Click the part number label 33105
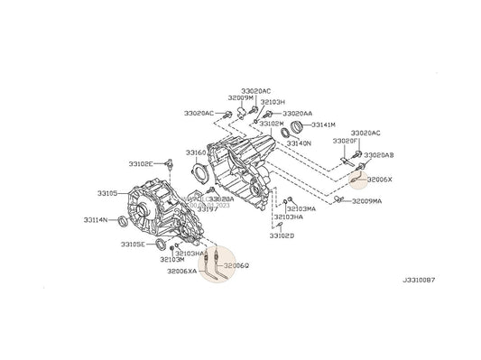pyautogui.click(x=107, y=193)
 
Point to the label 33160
pyautogui.click(x=196, y=152)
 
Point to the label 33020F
pyautogui.click(x=345, y=142)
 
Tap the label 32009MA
pyautogui.click(x=366, y=201)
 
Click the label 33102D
pyautogui.click(x=281, y=235)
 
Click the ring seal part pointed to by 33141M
pyautogui.click(x=291, y=126)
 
